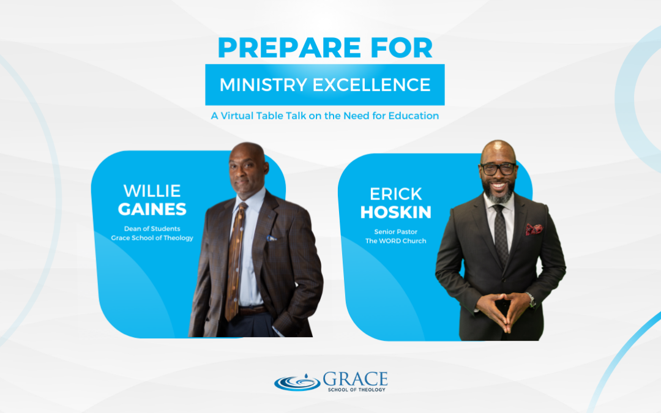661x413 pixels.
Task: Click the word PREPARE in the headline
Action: pyautogui.click(x=289, y=48)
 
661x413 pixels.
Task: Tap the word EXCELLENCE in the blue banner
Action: pyautogui.click(x=372, y=84)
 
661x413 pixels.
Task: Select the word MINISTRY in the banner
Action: pyautogui.click(x=263, y=84)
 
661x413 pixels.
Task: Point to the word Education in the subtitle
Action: pyautogui.click(x=414, y=116)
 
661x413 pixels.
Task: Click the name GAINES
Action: pyautogui.click(x=152, y=209)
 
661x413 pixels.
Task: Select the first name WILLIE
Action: pyautogui.click(x=152, y=191)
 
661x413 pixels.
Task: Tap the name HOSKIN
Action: pyautogui.click(x=396, y=212)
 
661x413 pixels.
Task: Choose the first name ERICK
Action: pyautogui.click(x=396, y=194)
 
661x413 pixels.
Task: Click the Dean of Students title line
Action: pyautogui.click(x=152, y=228)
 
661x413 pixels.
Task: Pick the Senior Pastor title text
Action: pyautogui.click(x=396, y=231)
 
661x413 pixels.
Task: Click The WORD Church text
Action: pyautogui.click(x=396, y=240)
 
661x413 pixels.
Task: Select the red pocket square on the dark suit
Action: pyautogui.click(x=534, y=229)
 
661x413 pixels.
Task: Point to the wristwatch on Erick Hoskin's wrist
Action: pyautogui.click(x=532, y=300)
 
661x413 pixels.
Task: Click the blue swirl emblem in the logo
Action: pyautogui.click(x=297, y=382)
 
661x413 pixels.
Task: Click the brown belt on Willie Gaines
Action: pyautogui.click(x=252, y=311)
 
